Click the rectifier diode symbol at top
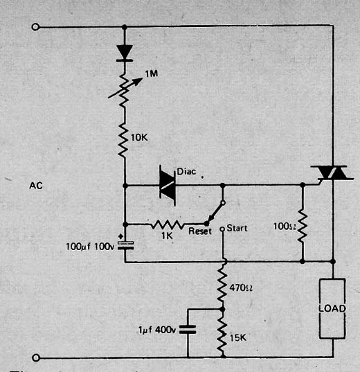125,53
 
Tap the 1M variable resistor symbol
125,89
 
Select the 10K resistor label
139,138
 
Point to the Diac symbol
168,185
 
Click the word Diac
186,172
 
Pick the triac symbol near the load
332,174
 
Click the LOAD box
332,308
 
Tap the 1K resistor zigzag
168,224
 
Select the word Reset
200,231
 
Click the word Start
237,228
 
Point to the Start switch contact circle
222,229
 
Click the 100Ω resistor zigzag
303,226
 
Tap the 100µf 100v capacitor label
90,247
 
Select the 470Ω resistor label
241,287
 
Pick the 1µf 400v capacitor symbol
188,330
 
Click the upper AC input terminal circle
35,27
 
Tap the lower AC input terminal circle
35,357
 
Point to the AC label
36,186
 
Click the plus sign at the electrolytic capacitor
120,236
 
